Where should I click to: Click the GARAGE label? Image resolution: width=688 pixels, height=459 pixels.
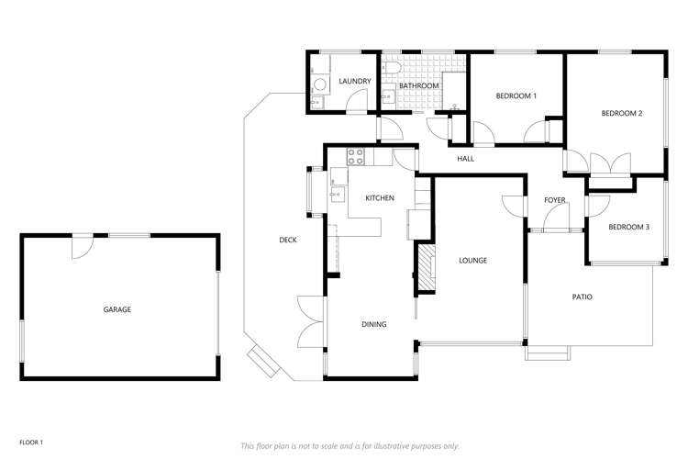pos(117,309)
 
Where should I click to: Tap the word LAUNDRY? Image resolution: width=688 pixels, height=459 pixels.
pos(355,82)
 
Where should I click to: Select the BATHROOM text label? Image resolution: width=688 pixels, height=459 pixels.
pos(418,86)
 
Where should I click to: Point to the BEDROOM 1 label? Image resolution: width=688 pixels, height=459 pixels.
pos(516,95)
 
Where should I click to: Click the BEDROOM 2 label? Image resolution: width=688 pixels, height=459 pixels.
pos(621,114)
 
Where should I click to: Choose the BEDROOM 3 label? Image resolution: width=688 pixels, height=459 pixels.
pos(628,226)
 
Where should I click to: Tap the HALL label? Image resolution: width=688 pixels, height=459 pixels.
pos(466,159)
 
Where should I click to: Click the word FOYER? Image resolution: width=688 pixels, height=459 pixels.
pos(555,199)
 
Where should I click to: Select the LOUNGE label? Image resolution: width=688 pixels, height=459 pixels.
pos(472,261)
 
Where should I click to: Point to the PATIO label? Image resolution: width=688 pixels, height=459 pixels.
pos(582,297)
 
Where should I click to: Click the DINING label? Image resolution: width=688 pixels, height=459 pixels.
pos(373,324)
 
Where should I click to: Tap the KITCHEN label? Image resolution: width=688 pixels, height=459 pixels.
pos(380,198)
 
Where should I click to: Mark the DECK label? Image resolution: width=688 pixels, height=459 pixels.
pos(288,241)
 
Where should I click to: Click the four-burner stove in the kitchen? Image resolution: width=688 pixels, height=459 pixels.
pos(355,156)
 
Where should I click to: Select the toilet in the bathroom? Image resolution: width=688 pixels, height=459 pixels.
pos(391,71)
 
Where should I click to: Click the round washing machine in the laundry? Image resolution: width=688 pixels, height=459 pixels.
pos(318,86)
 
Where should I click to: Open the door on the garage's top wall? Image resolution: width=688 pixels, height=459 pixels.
pos(83,244)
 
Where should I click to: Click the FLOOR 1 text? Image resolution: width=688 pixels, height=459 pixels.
pos(31,416)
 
